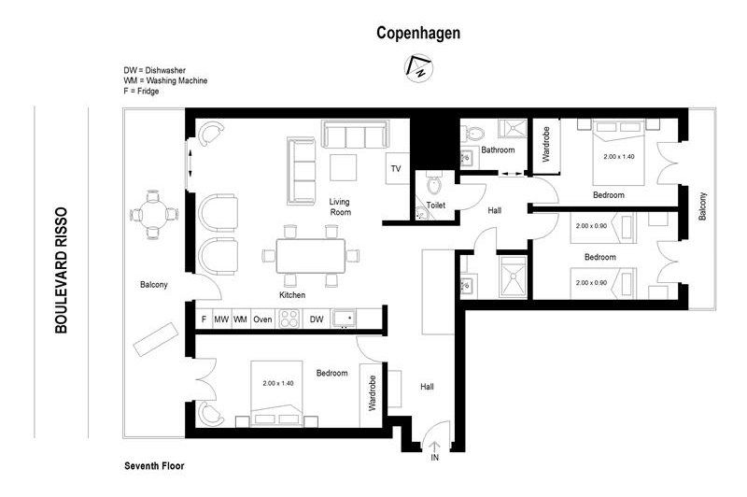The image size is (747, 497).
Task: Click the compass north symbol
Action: tap(418, 68)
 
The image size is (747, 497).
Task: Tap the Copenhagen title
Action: tap(418, 33)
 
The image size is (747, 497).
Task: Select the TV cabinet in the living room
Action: tap(397, 168)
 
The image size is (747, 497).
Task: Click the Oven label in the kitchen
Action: tap(262, 319)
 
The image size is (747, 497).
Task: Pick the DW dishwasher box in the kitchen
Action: tap(317, 319)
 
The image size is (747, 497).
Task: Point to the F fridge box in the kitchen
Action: tap(204, 319)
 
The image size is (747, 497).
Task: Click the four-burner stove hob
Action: tap(289, 319)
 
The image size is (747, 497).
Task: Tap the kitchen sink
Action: tap(344, 318)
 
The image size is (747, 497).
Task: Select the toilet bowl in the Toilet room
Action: tap(434, 183)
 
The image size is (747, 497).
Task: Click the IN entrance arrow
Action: tap(435, 447)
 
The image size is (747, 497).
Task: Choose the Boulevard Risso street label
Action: tap(61, 270)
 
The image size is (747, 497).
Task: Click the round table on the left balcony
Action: tap(153, 215)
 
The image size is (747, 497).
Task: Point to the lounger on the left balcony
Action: tap(156, 339)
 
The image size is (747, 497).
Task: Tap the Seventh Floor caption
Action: tap(154, 466)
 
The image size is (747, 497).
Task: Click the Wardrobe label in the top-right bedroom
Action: tap(546, 144)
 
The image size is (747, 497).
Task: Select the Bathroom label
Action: tap(498, 149)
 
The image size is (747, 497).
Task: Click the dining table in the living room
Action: tap(311, 256)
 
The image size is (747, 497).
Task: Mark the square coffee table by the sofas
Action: tap(343, 167)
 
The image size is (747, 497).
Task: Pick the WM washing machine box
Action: tap(240, 319)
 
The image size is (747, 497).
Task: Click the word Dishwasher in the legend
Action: tap(165, 70)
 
